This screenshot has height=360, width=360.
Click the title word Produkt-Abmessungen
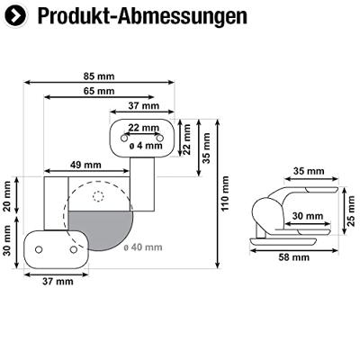point(130,17)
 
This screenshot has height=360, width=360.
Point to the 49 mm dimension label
point(86,164)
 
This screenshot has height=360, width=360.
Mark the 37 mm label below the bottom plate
point(58,282)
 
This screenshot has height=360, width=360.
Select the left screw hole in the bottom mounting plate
point(40,246)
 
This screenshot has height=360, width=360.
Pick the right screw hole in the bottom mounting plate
point(73,246)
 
